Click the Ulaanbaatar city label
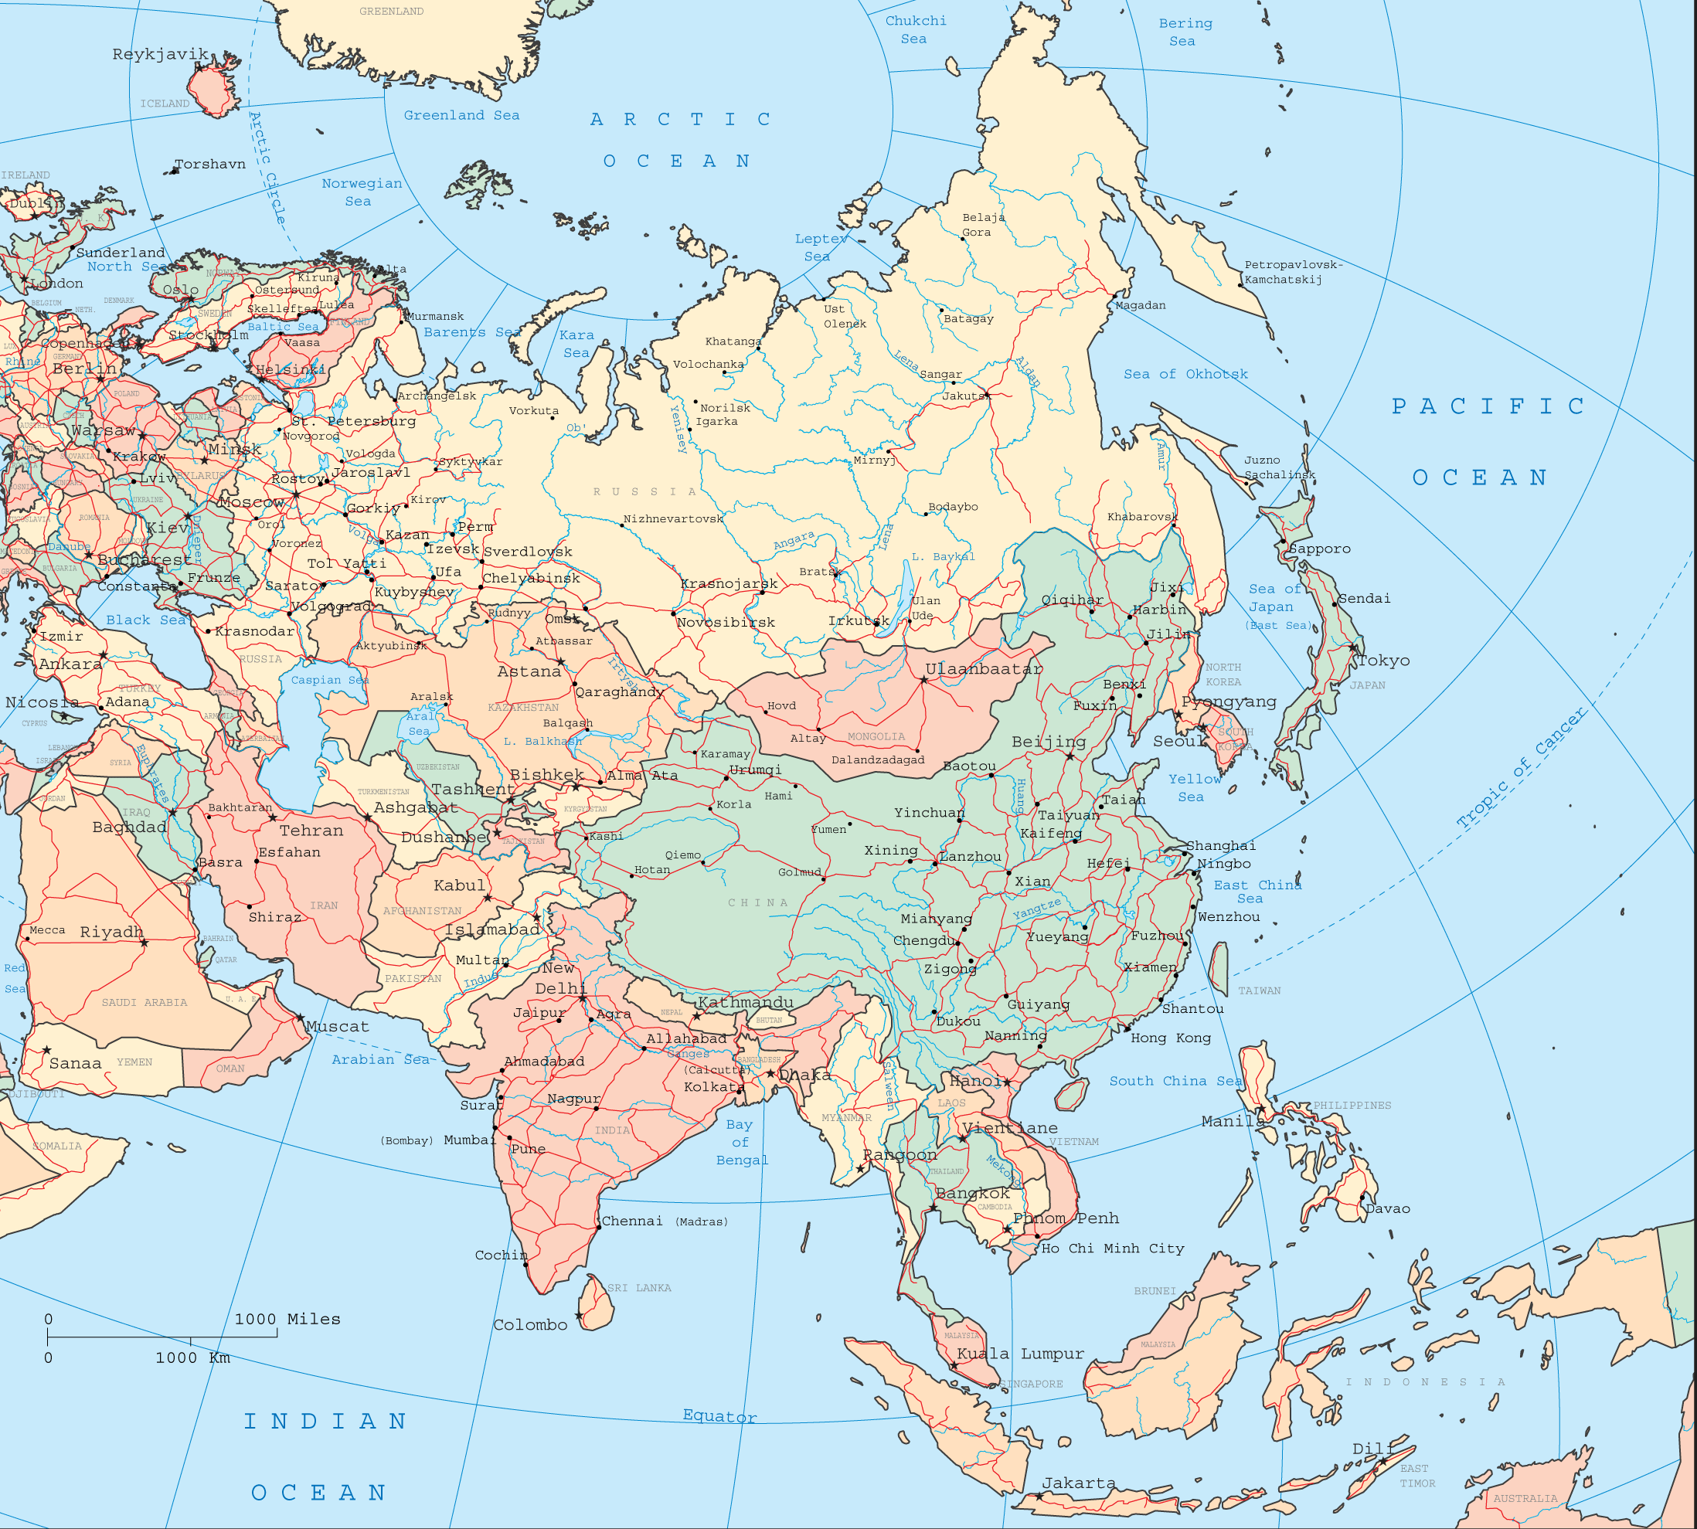click(x=984, y=670)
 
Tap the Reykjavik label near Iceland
click(x=161, y=55)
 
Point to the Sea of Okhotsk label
click(x=1185, y=374)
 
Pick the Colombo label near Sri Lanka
click(x=530, y=1325)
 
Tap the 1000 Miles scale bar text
click(x=287, y=1319)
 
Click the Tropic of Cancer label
click(x=1521, y=769)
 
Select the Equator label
click(x=720, y=1415)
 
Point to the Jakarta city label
click(x=1079, y=1483)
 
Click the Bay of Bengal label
click(x=740, y=1142)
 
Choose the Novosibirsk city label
click(x=726, y=623)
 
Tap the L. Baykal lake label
click(x=944, y=556)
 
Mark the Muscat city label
click(x=337, y=1027)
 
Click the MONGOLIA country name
click(x=876, y=737)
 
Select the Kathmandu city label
click(x=745, y=1002)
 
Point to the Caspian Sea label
click(x=329, y=680)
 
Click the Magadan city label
click(x=1140, y=305)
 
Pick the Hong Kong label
click(x=1170, y=1038)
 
